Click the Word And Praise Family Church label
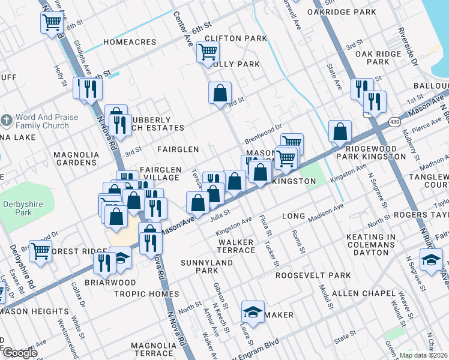43,122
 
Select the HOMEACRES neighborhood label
130,42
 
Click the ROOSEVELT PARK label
313,275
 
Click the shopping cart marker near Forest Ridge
40,250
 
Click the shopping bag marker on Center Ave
220,93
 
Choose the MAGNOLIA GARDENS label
76,158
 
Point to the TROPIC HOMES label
147,294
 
